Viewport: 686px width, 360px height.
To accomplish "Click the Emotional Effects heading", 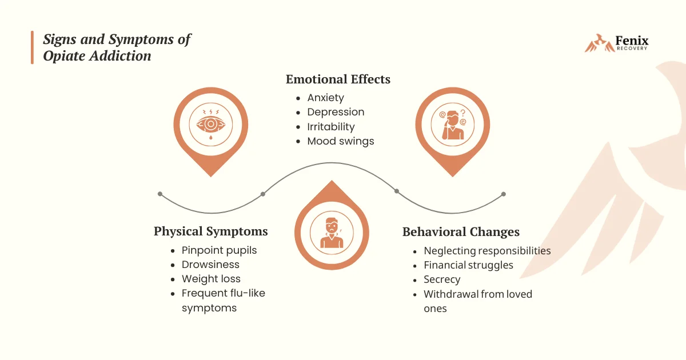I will tap(338, 79).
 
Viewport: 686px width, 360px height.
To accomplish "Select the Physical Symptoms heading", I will tap(210, 231).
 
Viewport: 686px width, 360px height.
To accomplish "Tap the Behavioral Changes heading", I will tap(461, 232).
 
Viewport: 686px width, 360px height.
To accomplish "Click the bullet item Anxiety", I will tap(325, 98).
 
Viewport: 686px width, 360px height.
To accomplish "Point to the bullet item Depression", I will tap(336, 112).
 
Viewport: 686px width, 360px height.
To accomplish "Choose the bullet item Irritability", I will tap(331, 127).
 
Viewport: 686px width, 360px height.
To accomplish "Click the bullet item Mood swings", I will tap(341, 141).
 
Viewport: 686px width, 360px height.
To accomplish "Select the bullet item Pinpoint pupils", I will tap(219, 250).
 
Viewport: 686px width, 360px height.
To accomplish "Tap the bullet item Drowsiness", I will tap(210, 265).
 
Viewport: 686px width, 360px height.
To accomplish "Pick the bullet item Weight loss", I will tap(211, 279).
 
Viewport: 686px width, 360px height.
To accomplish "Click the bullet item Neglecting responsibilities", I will tap(487, 251).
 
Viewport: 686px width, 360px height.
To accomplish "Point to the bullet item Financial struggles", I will tap(468, 265).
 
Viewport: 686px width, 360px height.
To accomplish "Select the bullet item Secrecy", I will tap(442, 279).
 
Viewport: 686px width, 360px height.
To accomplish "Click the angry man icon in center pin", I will tap(332, 233).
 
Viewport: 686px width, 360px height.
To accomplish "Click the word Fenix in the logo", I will tap(632, 41).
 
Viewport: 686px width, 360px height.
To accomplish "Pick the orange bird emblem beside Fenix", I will tap(597, 43).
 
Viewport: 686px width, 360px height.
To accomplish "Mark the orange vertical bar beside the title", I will tap(33, 47).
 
